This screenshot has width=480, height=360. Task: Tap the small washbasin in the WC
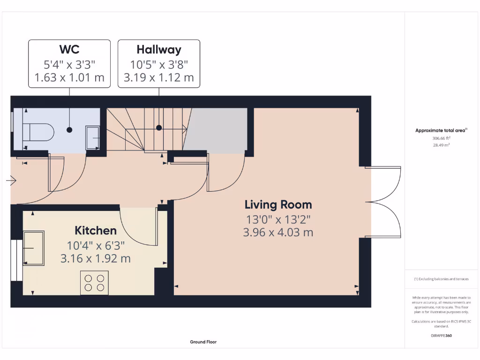click(92, 138)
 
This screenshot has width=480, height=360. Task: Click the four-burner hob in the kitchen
click(94, 283)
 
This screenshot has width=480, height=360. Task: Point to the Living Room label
click(278, 205)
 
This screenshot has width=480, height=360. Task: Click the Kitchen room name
click(96, 231)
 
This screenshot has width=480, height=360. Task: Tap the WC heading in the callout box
click(69, 50)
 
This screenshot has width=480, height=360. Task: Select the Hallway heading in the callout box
click(158, 50)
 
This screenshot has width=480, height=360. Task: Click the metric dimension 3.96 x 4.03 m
click(278, 232)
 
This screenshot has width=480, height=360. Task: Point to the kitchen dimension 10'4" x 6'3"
click(96, 244)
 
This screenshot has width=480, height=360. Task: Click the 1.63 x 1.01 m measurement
click(69, 77)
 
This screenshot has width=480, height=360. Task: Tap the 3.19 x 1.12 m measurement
click(158, 77)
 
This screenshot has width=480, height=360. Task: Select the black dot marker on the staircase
click(159, 127)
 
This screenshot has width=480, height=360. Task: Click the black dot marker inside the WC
click(70, 129)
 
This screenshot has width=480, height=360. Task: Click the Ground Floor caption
click(203, 342)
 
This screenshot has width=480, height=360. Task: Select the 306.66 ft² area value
click(441, 138)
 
